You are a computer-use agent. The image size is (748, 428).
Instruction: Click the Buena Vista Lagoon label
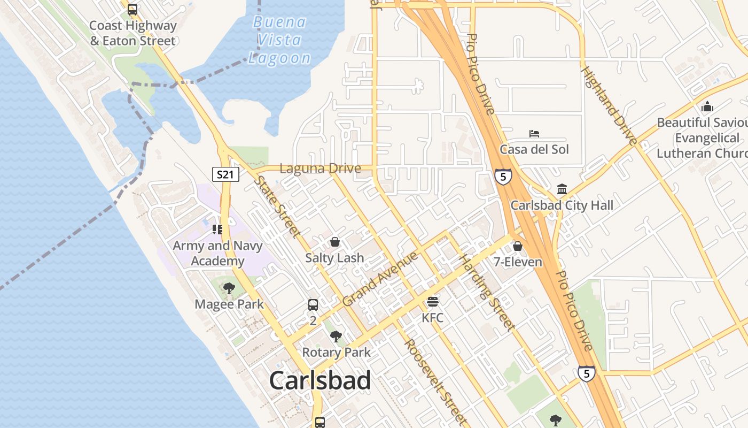point(280,40)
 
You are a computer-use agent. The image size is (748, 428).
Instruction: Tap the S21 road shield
point(225,174)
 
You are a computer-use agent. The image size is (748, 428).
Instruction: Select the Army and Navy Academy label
point(217,254)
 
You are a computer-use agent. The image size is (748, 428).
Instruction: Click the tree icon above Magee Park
point(229,288)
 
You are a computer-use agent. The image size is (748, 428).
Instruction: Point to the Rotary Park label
point(336,353)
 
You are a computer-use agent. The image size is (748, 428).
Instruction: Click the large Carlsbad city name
point(320,380)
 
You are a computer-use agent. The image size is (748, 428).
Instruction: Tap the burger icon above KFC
point(433,302)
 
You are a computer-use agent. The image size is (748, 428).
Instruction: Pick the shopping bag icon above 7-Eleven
point(517,246)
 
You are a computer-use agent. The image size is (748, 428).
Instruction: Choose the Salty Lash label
point(334,258)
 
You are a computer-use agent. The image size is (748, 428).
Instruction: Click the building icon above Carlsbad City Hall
point(562,189)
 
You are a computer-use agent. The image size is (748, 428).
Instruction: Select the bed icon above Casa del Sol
point(534,133)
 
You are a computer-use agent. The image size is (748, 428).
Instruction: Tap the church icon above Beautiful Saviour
point(707,106)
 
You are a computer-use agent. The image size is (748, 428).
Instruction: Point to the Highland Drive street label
point(610,105)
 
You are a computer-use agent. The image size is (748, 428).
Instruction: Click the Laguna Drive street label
point(320,169)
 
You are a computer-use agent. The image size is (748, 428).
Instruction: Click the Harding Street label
point(487,292)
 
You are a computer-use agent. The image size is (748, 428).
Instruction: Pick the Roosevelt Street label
point(435,380)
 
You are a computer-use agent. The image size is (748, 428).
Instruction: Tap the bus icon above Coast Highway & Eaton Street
point(133,10)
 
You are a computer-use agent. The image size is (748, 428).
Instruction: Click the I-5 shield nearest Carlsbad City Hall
point(503,177)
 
